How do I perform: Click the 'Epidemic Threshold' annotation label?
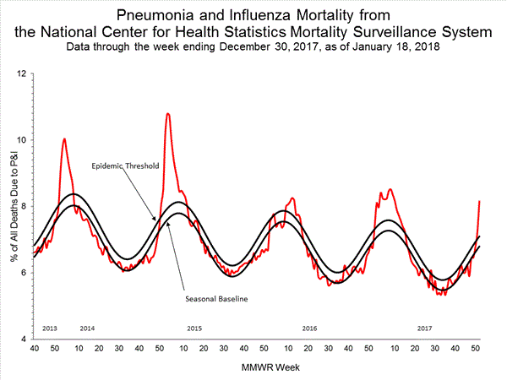[123, 167]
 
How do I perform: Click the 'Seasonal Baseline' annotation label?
[208, 298]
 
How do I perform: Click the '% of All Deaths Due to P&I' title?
[11, 208]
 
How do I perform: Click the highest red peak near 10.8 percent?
[167, 113]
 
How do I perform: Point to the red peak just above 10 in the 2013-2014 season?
[64, 138]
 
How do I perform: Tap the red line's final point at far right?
[479, 201]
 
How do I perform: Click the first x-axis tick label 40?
[34, 349]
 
